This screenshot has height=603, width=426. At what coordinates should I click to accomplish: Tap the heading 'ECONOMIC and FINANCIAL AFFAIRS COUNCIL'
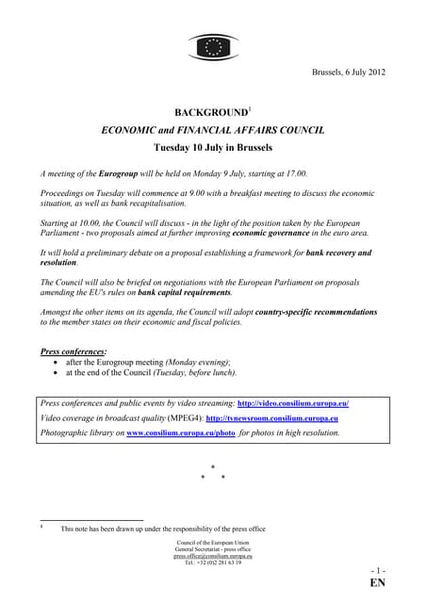pyautogui.click(x=213, y=131)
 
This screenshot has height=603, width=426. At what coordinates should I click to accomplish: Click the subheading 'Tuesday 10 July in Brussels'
pyautogui.click(x=213, y=148)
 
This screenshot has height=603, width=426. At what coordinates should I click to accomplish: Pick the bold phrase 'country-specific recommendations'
pyautogui.click(x=306, y=312)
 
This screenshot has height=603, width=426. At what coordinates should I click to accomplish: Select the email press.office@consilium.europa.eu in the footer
pyautogui.click(x=212, y=556)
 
